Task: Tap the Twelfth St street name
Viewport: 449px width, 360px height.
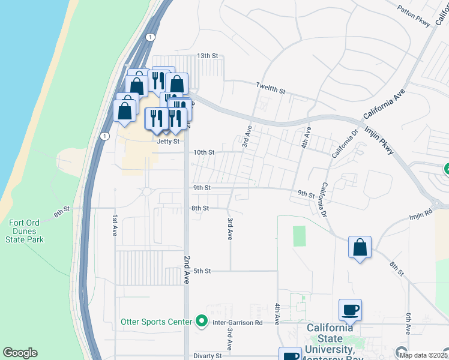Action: (x=270, y=88)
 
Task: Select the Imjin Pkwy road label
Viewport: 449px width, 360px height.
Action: (x=379, y=139)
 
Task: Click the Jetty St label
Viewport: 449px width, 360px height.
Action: (x=168, y=142)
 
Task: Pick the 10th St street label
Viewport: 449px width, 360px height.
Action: (x=203, y=152)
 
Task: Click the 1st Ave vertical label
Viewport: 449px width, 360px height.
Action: (x=114, y=223)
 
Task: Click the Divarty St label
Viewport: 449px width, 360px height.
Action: (x=208, y=356)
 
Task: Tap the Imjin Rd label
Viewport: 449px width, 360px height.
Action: (x=421, y=213)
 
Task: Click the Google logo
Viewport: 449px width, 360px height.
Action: (x=20, y=353)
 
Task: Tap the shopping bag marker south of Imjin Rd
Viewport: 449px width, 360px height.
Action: (x=360, y=247)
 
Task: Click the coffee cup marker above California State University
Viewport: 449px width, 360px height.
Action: (x=350, y=310)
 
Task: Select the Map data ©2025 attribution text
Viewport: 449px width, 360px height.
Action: (x=424, y=355)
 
